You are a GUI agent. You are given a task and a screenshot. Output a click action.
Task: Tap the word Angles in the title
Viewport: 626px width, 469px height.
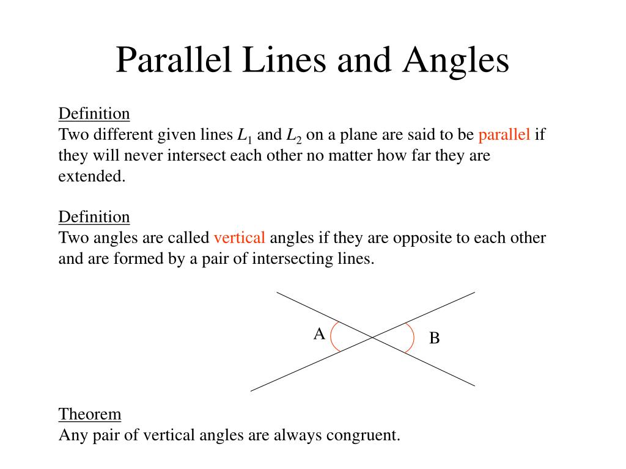point(455,60)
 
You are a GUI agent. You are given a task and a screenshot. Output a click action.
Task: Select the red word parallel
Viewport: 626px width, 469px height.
point(504,135)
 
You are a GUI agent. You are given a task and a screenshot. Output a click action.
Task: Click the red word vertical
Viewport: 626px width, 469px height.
point(239,238)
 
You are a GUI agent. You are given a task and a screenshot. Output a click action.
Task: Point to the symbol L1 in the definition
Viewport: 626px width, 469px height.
point(245,136)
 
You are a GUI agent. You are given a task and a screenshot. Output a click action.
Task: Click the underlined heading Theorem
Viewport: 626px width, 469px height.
point(90,414)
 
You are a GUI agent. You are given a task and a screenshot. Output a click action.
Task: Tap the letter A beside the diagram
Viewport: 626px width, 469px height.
point(319,334)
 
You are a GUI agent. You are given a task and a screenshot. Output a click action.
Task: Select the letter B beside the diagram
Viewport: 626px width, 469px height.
point(434,338)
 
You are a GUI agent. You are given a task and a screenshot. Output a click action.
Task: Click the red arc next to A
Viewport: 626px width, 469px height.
point(332,337)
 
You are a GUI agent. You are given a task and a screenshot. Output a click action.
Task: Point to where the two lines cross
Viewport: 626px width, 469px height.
point(372,337)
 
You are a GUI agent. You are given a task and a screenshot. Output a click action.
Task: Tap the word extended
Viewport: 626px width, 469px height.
point(91,176)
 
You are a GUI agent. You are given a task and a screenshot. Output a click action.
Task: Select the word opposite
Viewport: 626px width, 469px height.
point(421,238)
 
